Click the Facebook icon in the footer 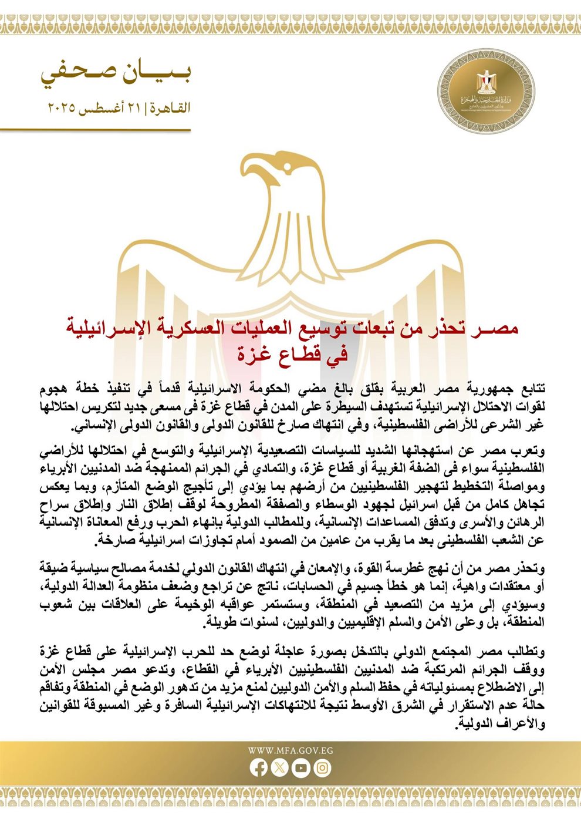[258, 768]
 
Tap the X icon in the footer [280, 768]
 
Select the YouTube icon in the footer [301, 768]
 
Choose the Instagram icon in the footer [322, 768]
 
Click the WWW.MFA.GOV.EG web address [290, 750]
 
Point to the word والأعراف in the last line [522, 725]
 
